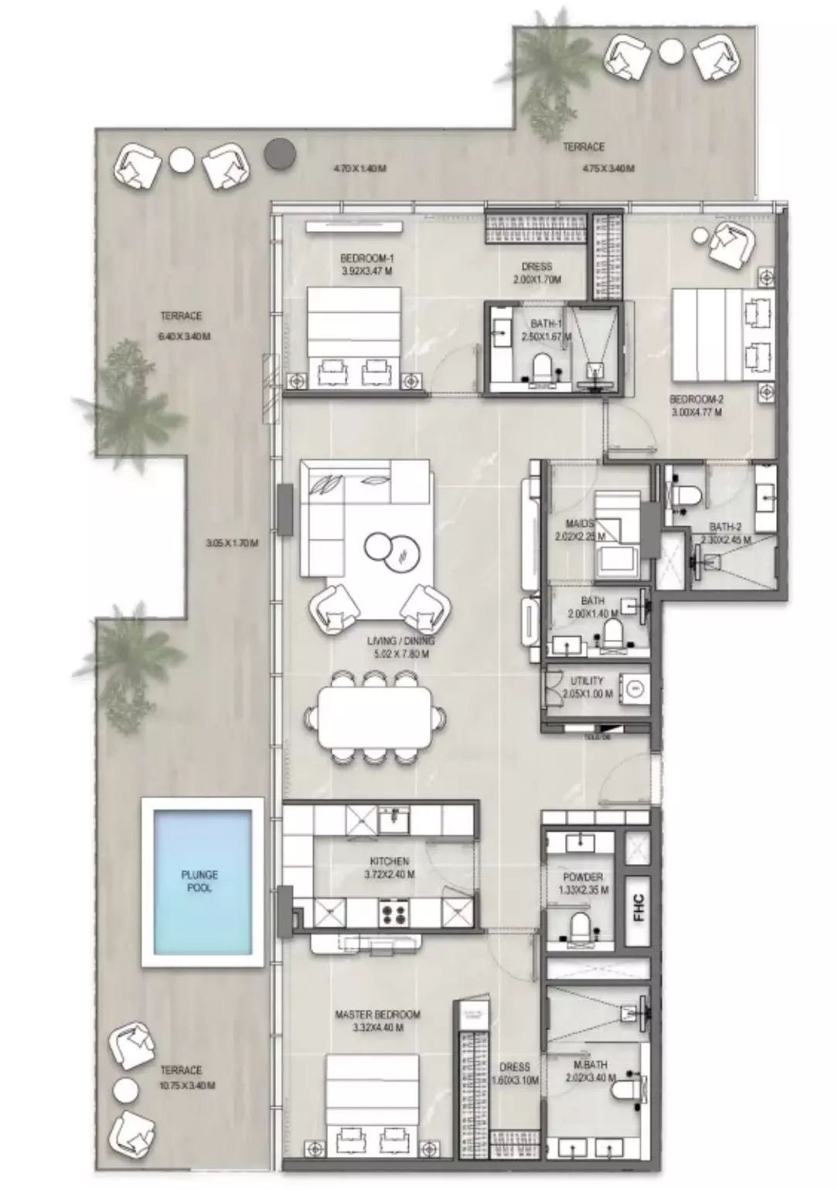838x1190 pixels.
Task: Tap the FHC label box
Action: [638, 908]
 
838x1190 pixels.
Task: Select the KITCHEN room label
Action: [389, 861]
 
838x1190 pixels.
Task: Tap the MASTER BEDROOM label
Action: [377, 1014]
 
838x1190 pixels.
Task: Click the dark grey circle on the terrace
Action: [280, 154]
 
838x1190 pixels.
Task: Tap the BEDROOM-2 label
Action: [696, 399]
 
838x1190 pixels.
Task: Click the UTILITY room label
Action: [587, 681]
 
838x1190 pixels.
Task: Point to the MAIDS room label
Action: [580, 524]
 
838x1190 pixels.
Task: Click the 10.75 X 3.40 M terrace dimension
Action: [187, 1085]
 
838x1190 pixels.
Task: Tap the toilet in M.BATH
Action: [625, 1091]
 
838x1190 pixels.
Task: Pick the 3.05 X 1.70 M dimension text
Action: [232, 543]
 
